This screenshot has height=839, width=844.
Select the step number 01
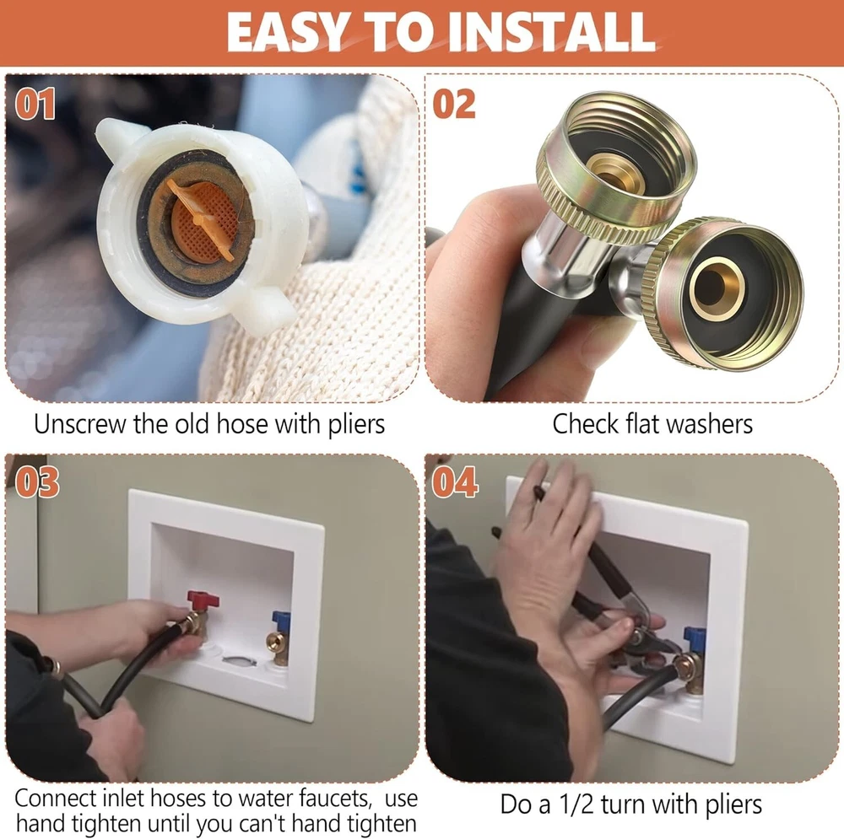pos(35,104)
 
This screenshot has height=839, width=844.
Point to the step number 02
pos(454,104)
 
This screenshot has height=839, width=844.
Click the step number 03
pos(36,481)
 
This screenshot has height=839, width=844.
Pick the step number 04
pos(455,481)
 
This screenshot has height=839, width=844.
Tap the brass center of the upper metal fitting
pos(615,172)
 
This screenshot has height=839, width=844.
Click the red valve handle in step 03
pos(203,600)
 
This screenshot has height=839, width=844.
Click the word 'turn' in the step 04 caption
pos(625,804)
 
